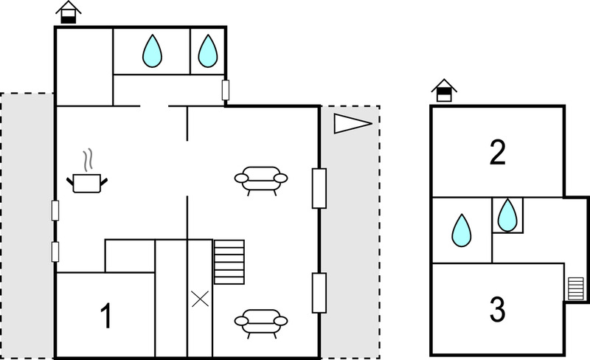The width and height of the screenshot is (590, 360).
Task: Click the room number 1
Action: coord(107,316)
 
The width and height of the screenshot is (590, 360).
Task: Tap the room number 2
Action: coord(497,152)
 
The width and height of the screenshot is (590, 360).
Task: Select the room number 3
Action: coord(497,309)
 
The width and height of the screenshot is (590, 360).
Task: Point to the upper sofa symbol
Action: coord(261,181)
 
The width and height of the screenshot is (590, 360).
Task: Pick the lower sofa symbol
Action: coord(261,323)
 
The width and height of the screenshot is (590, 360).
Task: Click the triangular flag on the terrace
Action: coord(353,123)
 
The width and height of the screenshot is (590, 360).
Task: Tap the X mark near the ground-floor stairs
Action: coord(200,299)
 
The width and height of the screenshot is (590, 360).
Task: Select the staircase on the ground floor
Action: coord(229,262)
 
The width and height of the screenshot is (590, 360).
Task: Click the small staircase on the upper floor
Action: coord(576,288)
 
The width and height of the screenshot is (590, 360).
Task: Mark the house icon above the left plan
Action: coord(68,12)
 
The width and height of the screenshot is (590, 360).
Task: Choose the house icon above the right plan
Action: coord(444,91)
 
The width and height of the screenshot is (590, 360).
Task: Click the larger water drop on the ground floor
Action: coord(152,51)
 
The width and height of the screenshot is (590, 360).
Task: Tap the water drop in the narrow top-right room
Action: coord(208,51)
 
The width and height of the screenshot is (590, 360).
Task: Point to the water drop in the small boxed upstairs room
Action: coord(507,215)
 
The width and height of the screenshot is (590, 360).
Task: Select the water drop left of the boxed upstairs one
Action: coord(462,230)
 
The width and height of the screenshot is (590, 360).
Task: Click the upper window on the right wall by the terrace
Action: coord(319,188)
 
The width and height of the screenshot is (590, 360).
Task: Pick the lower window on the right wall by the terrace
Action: coord(319,293)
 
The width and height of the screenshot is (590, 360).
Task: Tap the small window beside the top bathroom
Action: coord(226,90)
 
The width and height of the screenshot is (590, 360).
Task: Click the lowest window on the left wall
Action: coord(55,252)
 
